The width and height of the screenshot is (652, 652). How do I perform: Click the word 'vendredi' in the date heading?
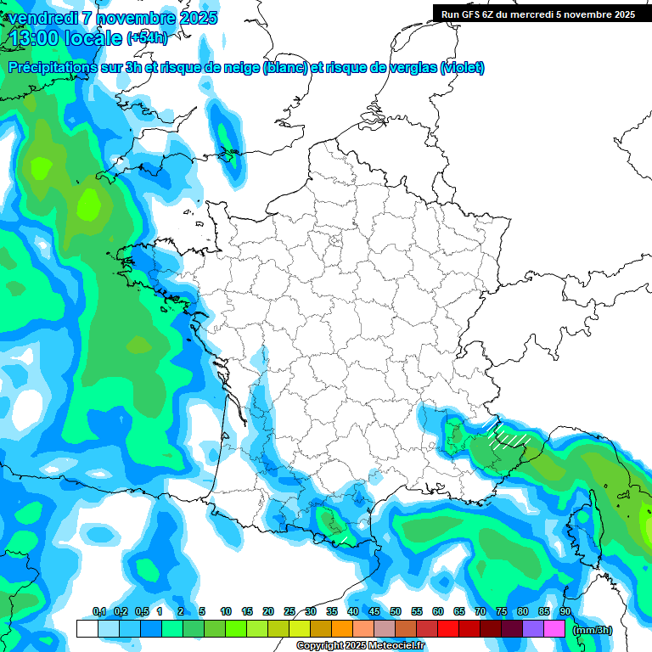click(42, 18)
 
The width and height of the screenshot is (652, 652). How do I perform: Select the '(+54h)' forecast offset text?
click(147, 38)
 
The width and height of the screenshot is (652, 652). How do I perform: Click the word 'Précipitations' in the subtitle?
click(53, 68)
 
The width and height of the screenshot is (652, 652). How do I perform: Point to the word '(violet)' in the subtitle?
click(463, 68)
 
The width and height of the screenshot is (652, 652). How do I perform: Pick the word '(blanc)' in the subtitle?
click(285, 68)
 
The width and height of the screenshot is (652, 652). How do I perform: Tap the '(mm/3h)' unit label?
click(593, 630)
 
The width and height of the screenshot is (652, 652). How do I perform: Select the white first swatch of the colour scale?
click(87, 629)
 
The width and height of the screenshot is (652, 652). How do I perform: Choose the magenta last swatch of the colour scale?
click(554, 629)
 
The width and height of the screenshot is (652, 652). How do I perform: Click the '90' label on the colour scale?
click(565, 611)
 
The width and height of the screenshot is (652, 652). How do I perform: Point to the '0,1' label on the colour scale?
click(98, 611)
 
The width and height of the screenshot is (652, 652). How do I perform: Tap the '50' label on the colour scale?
click(396, 611)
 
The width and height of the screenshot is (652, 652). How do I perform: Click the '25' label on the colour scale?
click(289, 611)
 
